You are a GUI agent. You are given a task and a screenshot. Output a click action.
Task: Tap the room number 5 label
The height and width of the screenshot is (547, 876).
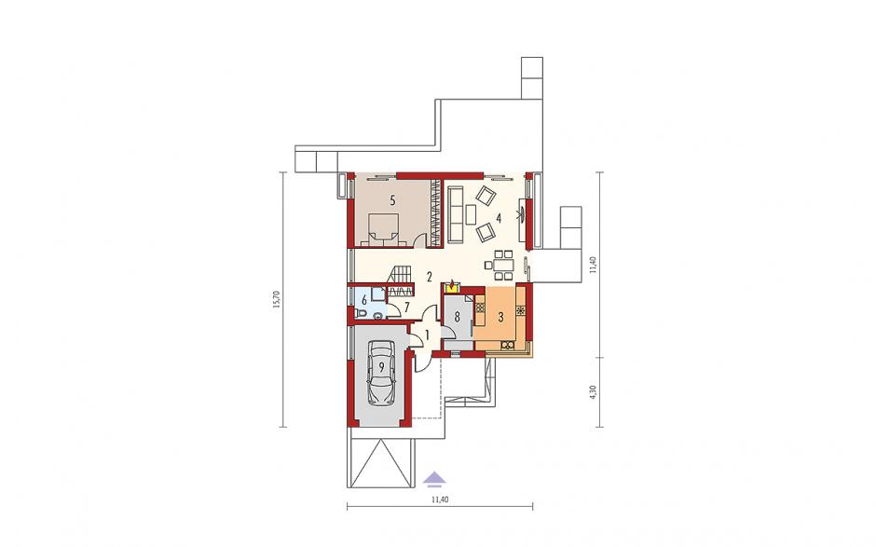point(392,200)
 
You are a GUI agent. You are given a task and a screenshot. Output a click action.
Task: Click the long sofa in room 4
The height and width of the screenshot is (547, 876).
point(455,214)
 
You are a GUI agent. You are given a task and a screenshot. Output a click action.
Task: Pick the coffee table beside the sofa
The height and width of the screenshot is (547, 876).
point(471,214)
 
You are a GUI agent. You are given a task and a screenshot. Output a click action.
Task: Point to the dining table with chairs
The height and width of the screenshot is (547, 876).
point(503,265)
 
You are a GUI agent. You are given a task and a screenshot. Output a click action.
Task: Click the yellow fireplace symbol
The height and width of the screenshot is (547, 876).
point(452,287)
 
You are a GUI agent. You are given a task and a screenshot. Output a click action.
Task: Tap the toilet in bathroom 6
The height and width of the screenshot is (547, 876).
point(362,315)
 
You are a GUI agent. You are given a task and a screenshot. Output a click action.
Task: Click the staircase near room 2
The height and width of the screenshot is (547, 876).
point(401,275)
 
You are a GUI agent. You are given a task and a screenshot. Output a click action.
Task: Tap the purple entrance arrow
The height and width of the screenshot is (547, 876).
point(434,476)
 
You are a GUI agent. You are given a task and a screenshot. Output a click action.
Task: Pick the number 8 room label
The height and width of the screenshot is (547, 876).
point(457,318)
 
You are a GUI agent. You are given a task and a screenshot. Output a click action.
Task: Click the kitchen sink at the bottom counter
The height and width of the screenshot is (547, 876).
point(508,345)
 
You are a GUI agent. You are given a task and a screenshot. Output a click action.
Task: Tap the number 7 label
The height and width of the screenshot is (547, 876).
point(407,307)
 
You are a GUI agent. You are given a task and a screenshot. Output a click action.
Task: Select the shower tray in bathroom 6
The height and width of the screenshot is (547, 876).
point(378,294)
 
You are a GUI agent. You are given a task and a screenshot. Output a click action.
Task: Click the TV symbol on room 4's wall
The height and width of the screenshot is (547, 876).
point(523,213)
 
